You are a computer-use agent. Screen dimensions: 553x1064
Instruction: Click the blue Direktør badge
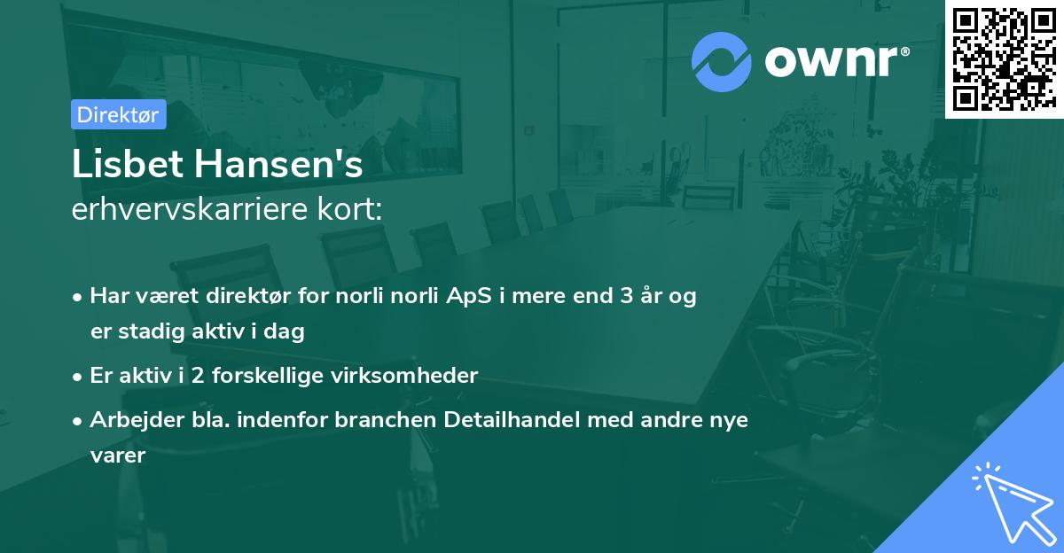click(118, 114)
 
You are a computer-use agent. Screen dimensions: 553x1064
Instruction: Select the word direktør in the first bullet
click(246, 296)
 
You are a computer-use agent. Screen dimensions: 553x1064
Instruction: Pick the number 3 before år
click(629, 296)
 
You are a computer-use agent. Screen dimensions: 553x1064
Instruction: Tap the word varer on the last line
click(116, 456)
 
